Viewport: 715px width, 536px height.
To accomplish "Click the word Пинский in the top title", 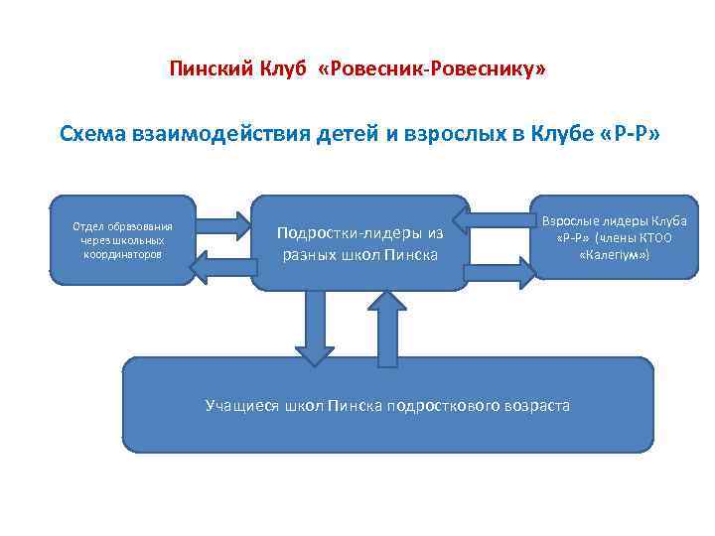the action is [x=204, y=70].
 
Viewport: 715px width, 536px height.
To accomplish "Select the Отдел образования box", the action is [x=122, y=240].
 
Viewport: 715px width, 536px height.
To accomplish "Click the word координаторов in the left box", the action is [x=123, y=254].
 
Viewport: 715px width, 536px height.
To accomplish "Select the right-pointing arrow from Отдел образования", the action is [x=222, y=222].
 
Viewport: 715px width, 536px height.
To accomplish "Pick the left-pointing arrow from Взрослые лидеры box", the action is [x=496, y=216].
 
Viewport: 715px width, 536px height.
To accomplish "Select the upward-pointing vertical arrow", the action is [x=387, y=327].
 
